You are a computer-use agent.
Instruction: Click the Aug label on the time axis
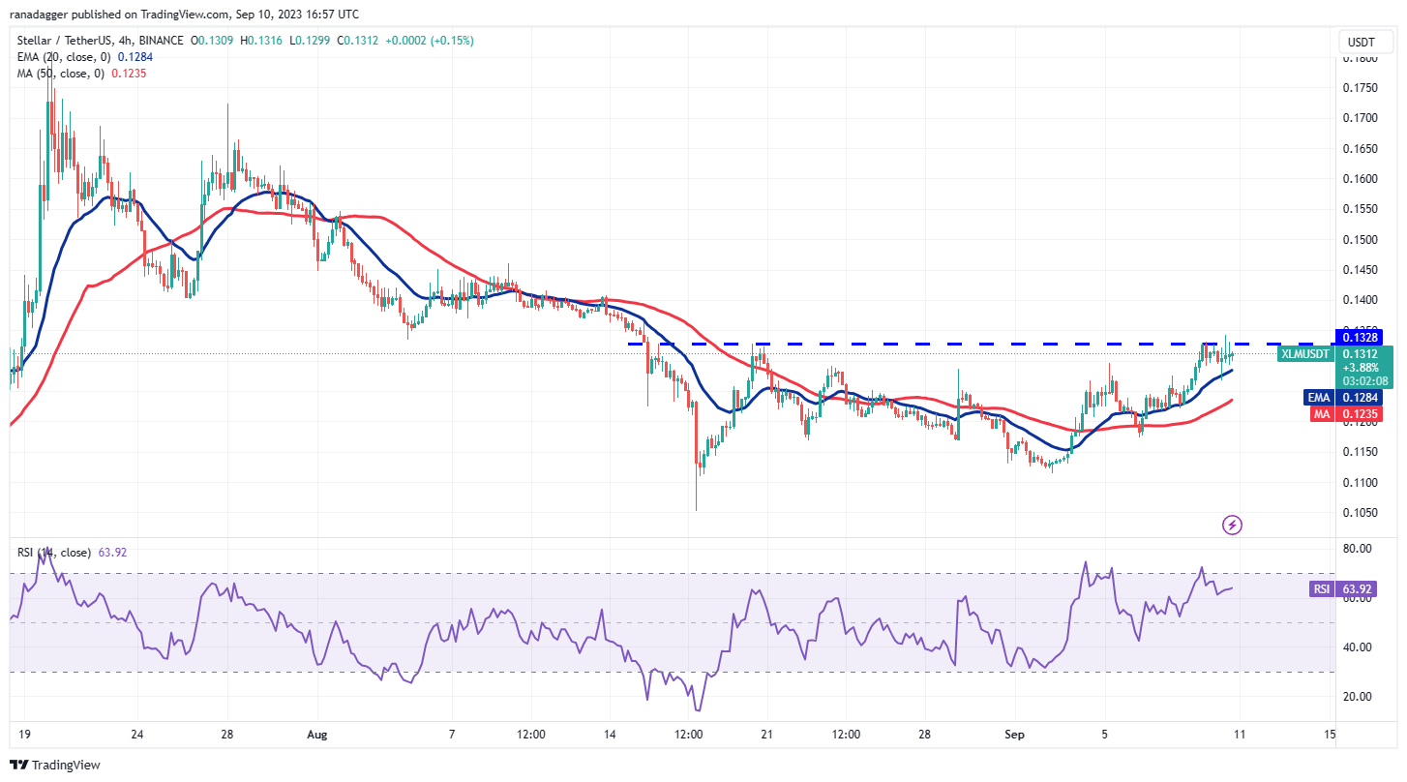coord(318,734)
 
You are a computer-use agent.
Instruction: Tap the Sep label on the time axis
coord(1014,734)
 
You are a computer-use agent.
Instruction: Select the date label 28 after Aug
coord(924,734)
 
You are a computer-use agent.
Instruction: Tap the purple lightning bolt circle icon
coord(1232,526)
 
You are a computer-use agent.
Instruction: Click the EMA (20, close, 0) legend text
coord(62,57)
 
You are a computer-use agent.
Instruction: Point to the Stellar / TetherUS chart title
coord(68,41)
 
